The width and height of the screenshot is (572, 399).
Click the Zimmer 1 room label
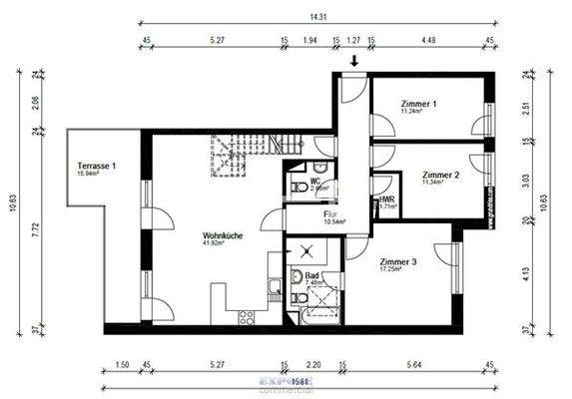[419, 104]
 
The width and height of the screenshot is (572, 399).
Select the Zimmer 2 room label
[440, 174]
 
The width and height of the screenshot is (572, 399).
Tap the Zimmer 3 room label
[399, 262]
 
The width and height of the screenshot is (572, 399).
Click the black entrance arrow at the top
[353, 62]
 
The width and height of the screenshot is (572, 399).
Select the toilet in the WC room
[297, 187]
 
